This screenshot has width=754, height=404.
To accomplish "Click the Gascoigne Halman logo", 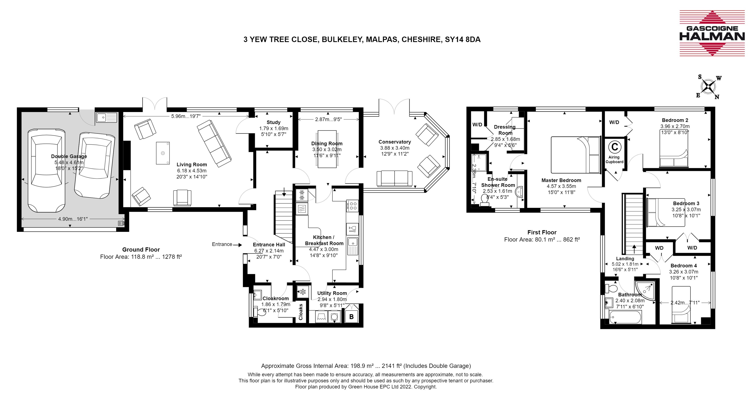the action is tap(712, 33).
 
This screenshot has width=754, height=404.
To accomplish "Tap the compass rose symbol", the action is tap(708, 87).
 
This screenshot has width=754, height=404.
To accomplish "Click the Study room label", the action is tap(273, 122).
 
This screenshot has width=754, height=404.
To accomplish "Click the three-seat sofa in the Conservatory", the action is tap(395, 178).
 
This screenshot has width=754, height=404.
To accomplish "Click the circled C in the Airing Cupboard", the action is tap(615, 147).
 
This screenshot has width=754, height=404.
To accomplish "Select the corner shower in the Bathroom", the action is tap(645, 291).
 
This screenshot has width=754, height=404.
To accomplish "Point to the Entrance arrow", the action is tap(237, 245).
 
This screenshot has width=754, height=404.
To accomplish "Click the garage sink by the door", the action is tap(106, 118).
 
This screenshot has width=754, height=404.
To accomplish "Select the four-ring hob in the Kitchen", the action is tap(352, 205).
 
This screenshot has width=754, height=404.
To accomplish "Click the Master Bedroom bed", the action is tap(576, 155).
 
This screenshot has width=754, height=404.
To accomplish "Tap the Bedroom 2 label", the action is tap(675, 120).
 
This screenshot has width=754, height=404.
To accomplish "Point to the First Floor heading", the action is tap(542, 232).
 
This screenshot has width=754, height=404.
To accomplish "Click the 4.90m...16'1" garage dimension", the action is tap(73, 219).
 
